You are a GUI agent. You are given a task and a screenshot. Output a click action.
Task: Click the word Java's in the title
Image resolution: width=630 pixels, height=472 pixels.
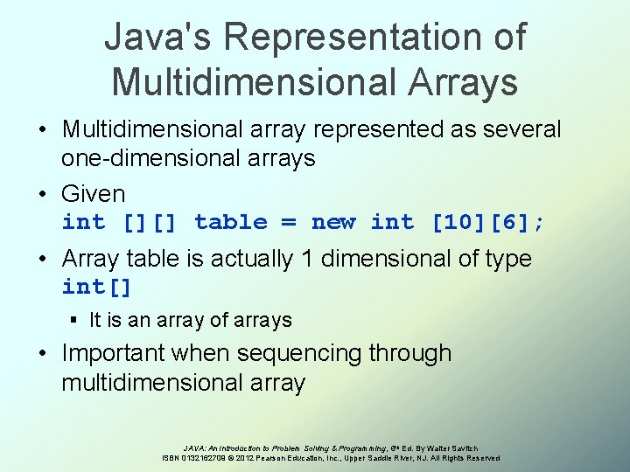(157, 37)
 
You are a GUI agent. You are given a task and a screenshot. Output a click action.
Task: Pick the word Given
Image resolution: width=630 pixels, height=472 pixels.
(93, 193)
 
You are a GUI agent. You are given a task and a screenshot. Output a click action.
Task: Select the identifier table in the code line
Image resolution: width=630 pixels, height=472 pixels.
(231, 222)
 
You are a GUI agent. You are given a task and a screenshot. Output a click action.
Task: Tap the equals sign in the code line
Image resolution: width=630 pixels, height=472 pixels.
(289, 222)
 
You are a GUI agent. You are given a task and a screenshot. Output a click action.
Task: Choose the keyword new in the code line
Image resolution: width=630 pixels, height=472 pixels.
(333, 222)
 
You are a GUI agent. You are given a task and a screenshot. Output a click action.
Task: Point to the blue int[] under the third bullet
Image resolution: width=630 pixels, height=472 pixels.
(96, 287)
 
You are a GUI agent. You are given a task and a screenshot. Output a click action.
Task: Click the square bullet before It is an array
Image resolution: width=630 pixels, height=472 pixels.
(77, 321)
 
